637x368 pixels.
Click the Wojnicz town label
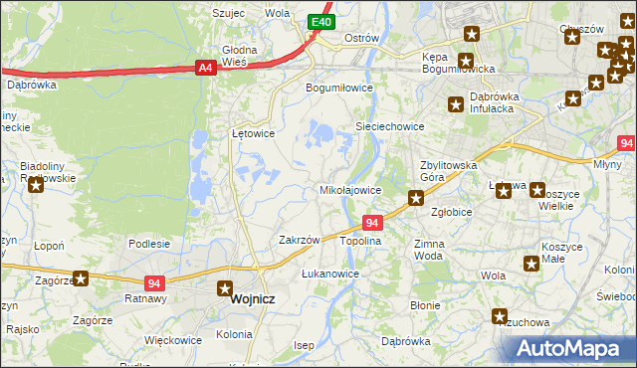[252, 298]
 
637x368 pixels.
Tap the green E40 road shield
[319, 21]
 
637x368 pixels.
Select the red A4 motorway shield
[205, 68]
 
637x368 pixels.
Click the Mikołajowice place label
[349, 189]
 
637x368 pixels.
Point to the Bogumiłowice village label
[338, 87]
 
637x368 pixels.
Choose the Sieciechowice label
[390, 127]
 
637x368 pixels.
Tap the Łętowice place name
[253, 132]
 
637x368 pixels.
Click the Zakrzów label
[299, 240]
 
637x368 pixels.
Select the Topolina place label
[361, 241]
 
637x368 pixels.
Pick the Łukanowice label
[329, 274]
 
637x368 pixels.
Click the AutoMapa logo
[572, 349]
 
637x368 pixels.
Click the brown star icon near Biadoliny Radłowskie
[36, 184]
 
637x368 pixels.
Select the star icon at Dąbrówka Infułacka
[456, 103]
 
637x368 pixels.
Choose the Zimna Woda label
[430, 249]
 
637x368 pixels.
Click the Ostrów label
[361, 38]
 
